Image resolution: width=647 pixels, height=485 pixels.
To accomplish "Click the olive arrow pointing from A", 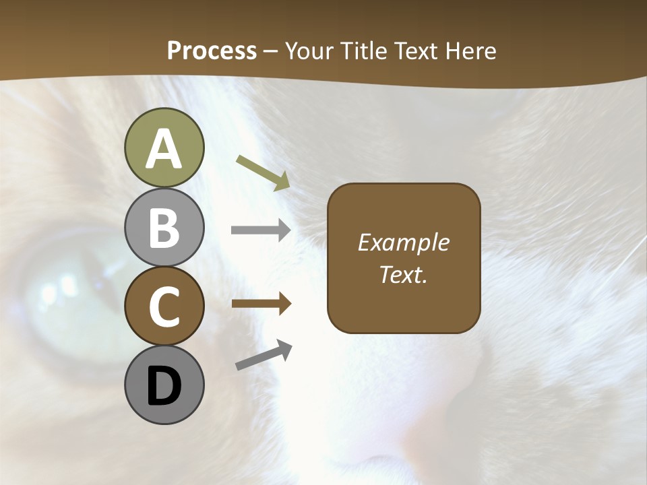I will click(264, 172).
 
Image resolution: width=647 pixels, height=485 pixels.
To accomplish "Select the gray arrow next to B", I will click(261, 230).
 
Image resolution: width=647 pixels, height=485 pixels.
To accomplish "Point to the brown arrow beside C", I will click(261, 304).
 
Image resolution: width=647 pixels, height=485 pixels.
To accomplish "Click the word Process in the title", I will click(212, 51).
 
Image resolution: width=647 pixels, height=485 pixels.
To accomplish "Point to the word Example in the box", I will click(403, 243).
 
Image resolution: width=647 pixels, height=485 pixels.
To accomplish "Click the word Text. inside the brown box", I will click(403, 275).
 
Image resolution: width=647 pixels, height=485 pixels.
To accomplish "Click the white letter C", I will click(164, 307).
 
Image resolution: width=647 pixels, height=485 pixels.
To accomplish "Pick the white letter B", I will click(164, 228).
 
